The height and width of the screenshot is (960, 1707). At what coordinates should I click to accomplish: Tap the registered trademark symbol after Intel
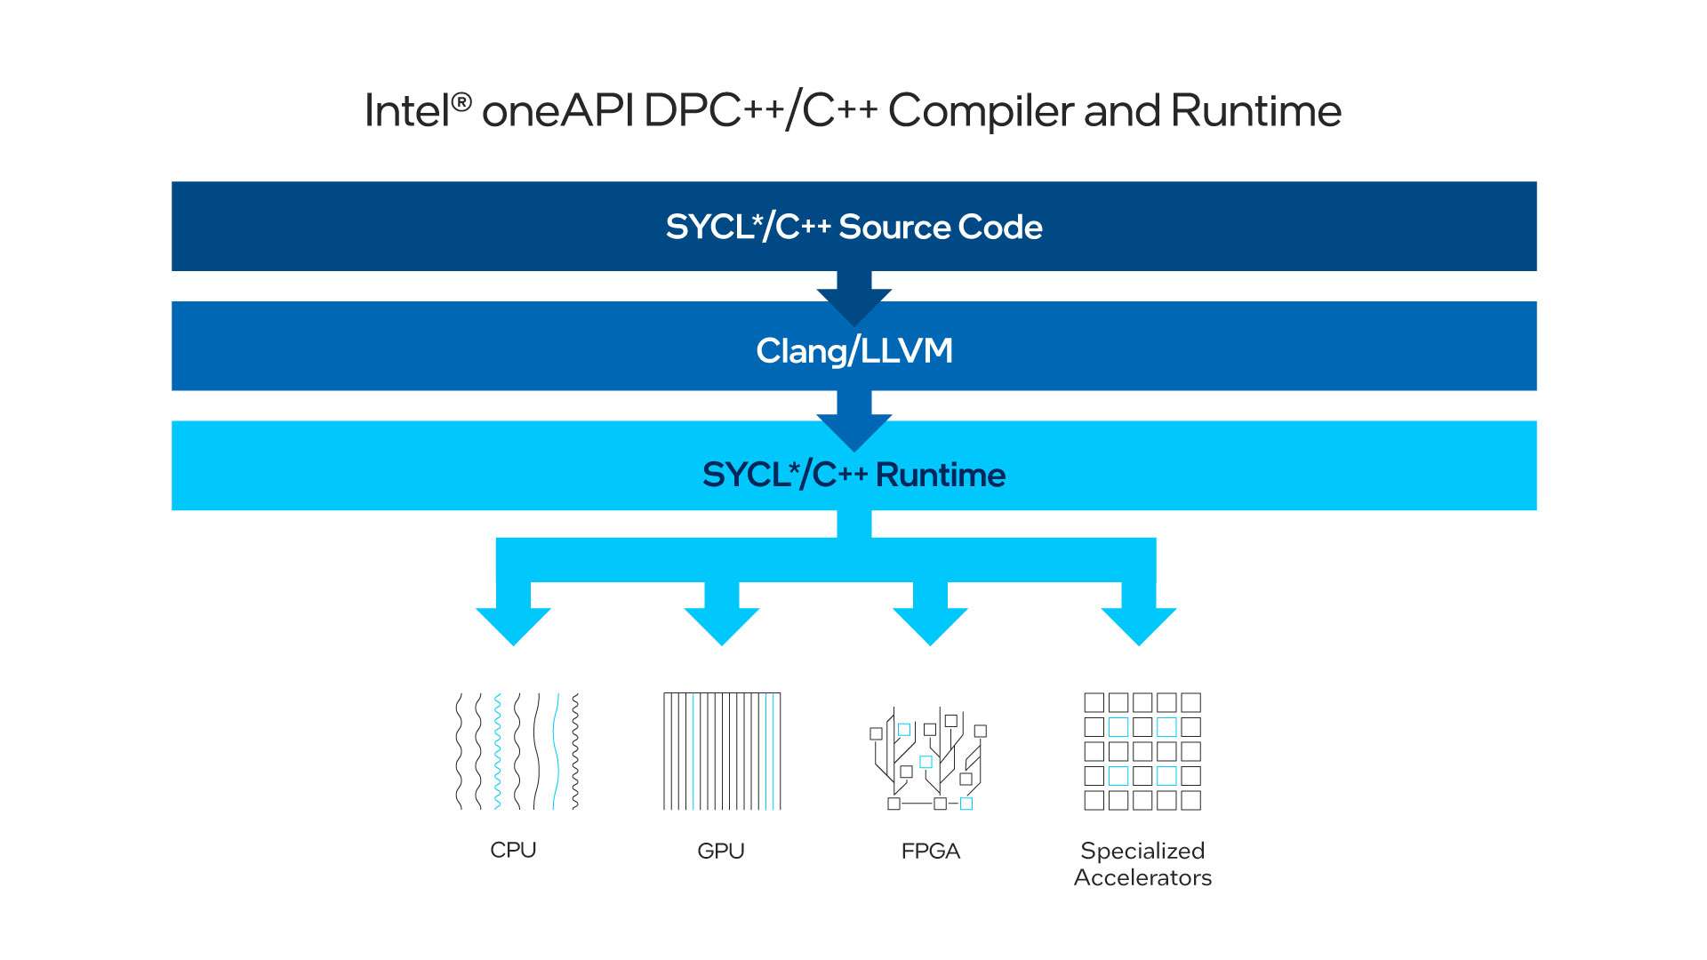[461, 102]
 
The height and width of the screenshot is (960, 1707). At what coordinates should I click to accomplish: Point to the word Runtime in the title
[1255, 112]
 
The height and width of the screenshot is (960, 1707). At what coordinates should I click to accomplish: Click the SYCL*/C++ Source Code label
[853, 228]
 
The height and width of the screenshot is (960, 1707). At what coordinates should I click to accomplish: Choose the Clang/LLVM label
[853, 351]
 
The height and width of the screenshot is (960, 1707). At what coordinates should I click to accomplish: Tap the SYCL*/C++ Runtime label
[853, 475]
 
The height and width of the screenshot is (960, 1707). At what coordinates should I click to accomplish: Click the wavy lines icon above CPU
[517, 751]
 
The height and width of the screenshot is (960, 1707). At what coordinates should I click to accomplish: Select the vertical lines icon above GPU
[722, 751]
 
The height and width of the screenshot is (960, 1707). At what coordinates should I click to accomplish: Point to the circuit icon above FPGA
[928, 758]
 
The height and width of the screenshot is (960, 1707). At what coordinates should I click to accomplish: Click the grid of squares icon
[1142, 751]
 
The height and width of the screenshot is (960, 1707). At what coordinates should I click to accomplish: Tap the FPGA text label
[930, 852]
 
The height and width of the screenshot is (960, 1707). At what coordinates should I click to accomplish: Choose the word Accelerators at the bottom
[1142, 878]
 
